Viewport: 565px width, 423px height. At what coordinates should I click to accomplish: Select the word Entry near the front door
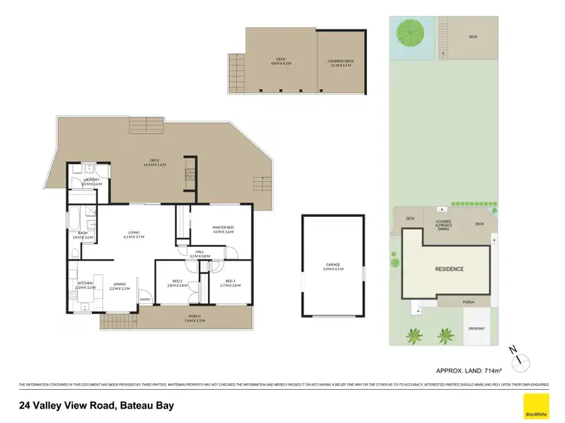[145, 300]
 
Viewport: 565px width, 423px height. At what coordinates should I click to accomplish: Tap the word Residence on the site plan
[449, 269]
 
